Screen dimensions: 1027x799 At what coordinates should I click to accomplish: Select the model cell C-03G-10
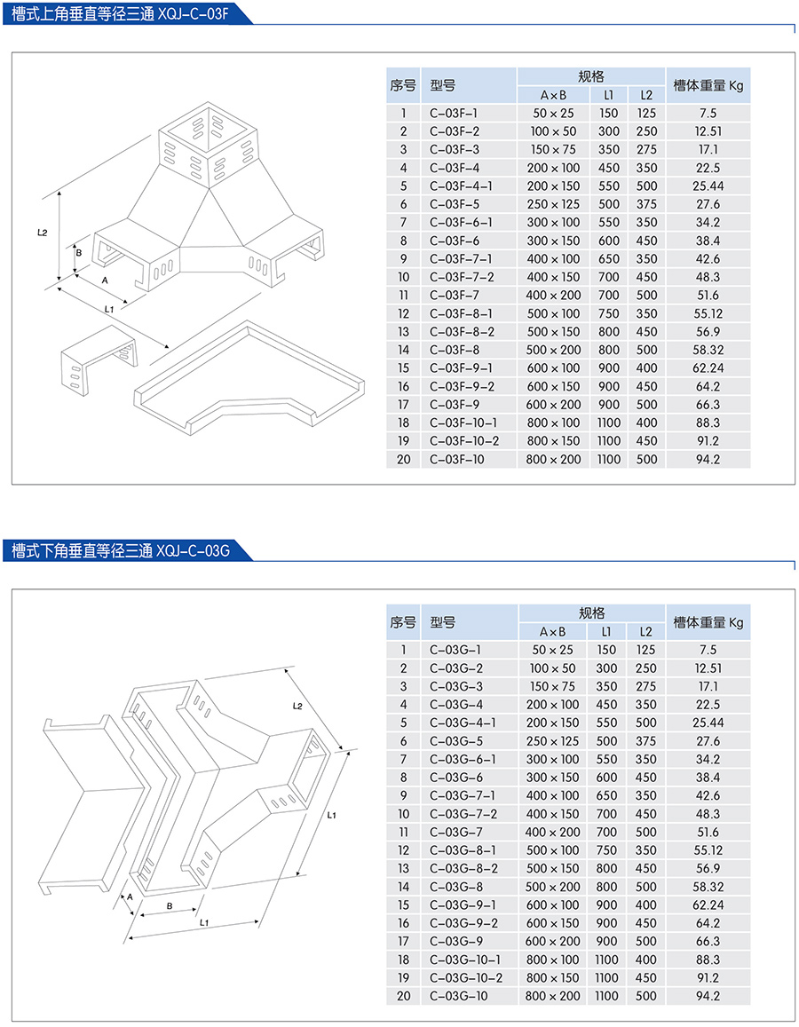[458, 996]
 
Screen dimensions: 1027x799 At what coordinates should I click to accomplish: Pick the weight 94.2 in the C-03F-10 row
[708, 459]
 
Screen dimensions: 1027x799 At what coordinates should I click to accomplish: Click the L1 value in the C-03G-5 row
[607, 741]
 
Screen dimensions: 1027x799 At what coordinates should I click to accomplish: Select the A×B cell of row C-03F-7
[553, 295]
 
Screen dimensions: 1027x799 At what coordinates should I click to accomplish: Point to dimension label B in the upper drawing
[78, 253]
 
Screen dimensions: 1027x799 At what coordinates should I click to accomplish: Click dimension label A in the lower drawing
[130, 897]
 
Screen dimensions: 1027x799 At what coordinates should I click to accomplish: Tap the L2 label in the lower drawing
[297, 706]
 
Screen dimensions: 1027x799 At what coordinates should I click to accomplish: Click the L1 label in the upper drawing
[109, 309]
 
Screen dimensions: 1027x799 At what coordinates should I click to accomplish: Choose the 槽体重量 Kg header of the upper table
[708, 86]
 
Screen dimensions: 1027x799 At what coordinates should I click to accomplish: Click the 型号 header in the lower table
[442, 622]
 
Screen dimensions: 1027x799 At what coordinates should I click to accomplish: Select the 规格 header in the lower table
[591, 613]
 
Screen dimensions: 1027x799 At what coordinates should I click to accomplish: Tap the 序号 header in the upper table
[403, 86]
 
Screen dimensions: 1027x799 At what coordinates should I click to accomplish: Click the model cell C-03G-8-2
[463, 868]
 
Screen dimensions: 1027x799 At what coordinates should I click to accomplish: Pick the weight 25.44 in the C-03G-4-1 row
[708, 723]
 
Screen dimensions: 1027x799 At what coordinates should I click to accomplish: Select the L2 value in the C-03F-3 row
[646, 150]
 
